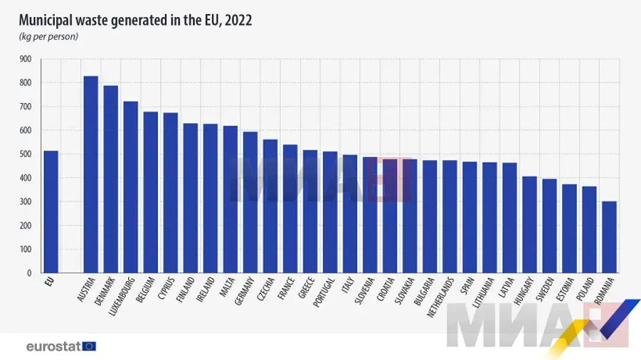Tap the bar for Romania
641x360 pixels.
pos(609,237)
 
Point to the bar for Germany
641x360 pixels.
pos(250,202)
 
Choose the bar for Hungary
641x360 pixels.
pos(529,225)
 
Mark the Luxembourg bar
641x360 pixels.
pos(131,187)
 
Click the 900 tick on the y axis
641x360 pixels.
pos(25,59)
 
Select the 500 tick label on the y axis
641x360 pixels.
pos(25,154)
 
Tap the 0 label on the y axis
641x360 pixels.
pos(28,273)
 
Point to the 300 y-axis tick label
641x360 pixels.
pos(25,202)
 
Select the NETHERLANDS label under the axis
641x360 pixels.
pos(442,295)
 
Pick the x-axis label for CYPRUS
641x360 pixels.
pos(166,289)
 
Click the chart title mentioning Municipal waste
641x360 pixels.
pos(135,20)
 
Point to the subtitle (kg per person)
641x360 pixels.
pos(49,37)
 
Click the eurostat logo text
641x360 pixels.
pos(53,346)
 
